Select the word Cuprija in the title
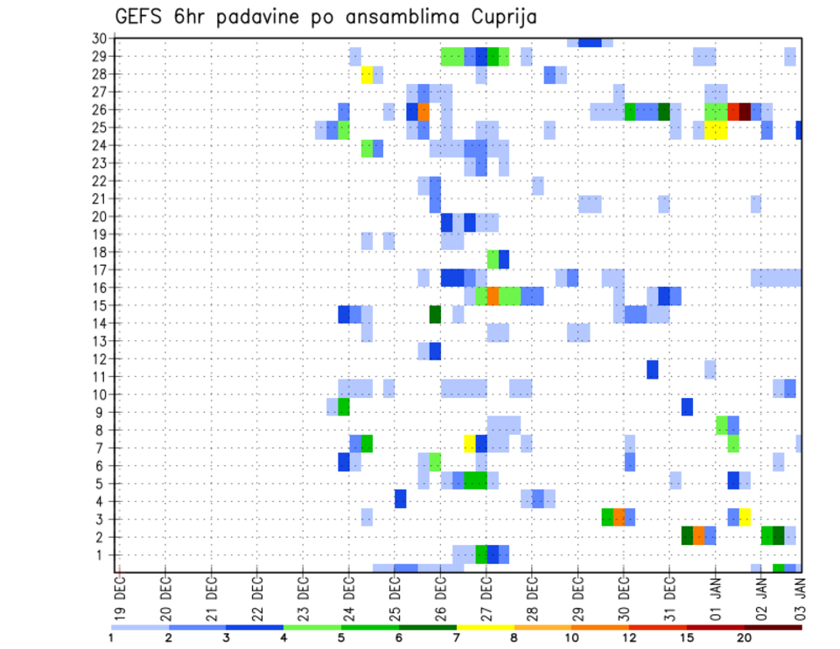pyautogui.click(x=503, y=17)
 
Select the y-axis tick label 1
pyautogui.click(x=102, y=555)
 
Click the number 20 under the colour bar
pyautogui.click(x=745, y=638)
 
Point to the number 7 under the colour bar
pyautogui.click(x=457, y=638)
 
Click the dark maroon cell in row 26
pyautogui.click(x=745, y=111)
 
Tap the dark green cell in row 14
pyautogui.click(x=435, y=314)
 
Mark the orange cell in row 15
pyautogui.click(x=493, y=296)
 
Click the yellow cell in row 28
pyautogui.click(x=367, y=75)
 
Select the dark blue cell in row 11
pyautogui.click(x=653, y=369)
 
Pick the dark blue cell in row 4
pyautogui.click(x=401, y=498)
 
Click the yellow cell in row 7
pyautogui.click(x=470, y=443)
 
